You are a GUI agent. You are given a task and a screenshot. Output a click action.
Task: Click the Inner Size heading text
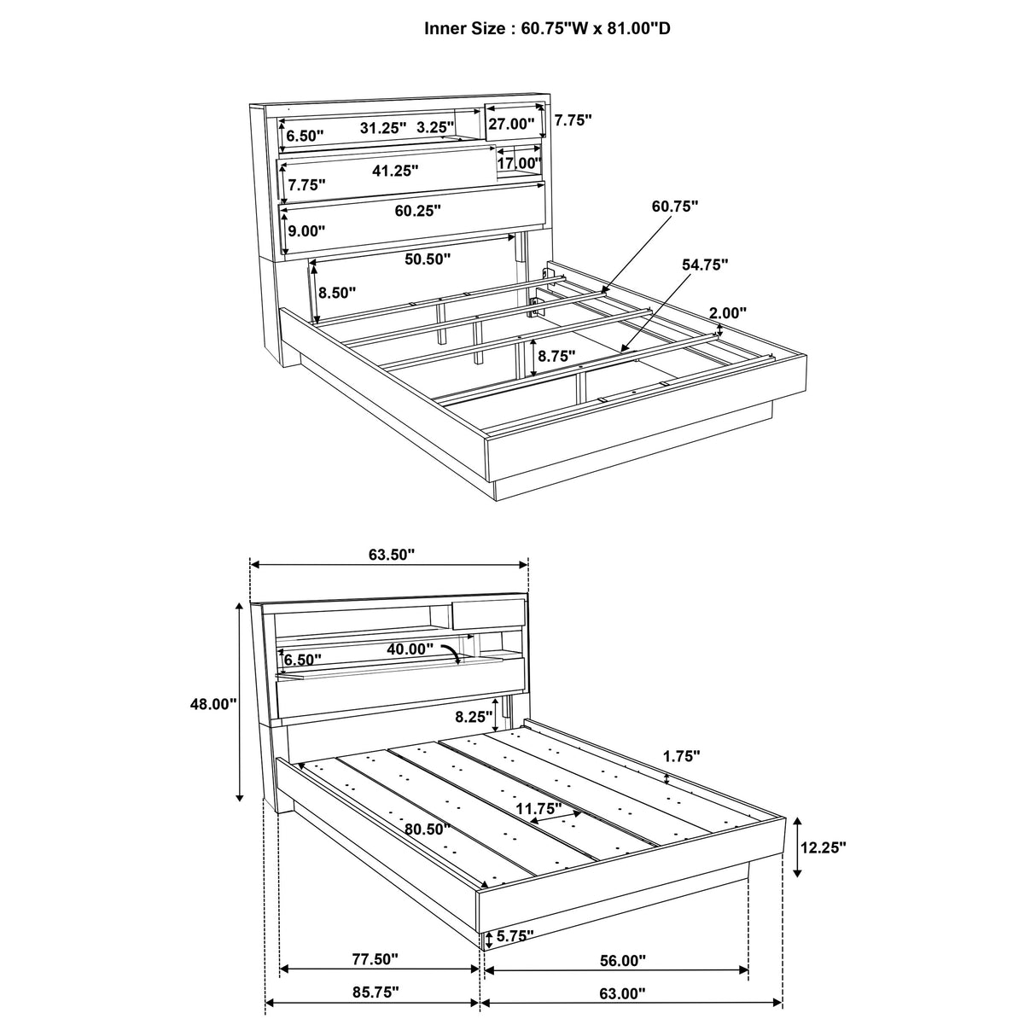(x=547, y=27)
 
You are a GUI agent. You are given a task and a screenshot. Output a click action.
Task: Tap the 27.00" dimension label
(x=510, y=124)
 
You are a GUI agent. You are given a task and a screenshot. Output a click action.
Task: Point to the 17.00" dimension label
(x=519, y=162)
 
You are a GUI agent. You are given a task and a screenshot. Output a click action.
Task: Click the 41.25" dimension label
(x=394, y=171)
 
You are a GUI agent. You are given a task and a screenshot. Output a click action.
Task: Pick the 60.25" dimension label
(x=417, y=210)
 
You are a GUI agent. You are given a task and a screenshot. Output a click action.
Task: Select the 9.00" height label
(x=306, y=230)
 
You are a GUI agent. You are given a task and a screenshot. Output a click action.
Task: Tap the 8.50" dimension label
(x=335, y=293)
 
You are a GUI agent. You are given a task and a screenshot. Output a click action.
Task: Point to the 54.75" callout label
(x=704, y=265)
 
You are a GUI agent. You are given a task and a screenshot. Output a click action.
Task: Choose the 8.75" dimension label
(x=556, y=356)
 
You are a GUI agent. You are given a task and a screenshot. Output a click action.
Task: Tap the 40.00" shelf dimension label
(x=410, y=649)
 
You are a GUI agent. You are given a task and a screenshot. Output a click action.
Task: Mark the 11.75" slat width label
(x=538, y=807)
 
